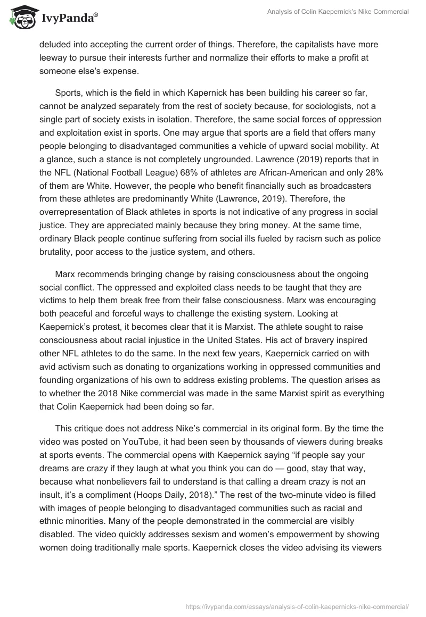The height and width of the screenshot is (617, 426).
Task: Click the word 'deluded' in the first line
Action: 55,46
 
